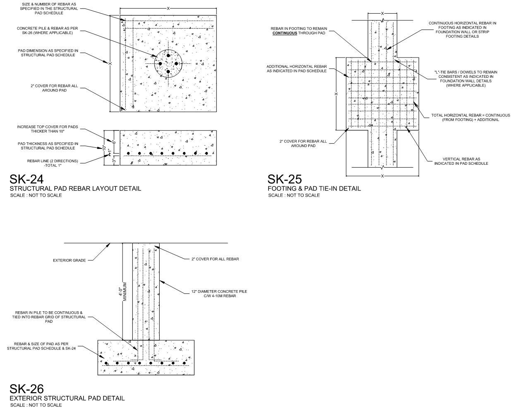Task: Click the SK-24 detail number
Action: click(26, 179)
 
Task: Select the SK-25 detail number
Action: click(284, 179)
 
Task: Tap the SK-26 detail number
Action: click(26, 389)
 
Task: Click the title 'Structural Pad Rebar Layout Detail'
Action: click(75, 188)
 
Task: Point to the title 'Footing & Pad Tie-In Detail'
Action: click(314, 188)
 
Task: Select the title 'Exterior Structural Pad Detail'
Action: click(67, 398)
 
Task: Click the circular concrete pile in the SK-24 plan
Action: click(168, 63)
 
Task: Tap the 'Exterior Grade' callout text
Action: click(70, 260)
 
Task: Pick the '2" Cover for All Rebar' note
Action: click(215, 259)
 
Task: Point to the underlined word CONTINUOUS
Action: click(284, 33)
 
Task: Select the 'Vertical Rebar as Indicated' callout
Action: click(461, 161)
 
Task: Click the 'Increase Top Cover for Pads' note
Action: click(48, 129)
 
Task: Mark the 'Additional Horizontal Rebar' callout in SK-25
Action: click(296, 69)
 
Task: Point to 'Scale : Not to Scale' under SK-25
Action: click(294, 195)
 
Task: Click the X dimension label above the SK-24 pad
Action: click(168, 8)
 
